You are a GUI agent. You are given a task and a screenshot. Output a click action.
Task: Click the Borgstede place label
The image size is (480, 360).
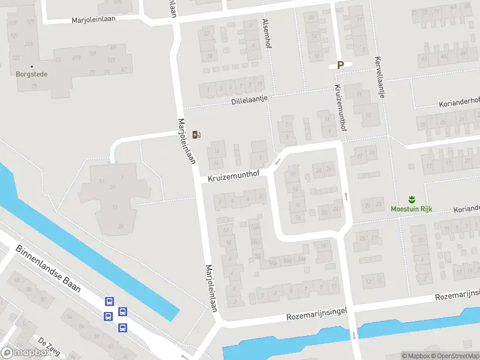tap(32, 74)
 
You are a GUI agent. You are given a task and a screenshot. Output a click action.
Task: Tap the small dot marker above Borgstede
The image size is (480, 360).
tap(32, 67)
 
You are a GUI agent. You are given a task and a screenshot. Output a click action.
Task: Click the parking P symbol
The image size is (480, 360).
tap(340, 65)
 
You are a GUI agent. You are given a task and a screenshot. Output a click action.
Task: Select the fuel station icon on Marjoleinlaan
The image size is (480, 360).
tap(196, 134)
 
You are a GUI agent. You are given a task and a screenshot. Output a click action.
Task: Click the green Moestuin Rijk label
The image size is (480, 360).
tap(412, 209)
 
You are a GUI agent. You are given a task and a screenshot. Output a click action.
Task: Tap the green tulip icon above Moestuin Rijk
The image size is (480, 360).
tap(412, 199)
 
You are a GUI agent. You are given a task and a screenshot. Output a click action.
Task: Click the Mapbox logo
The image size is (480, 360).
tap(25, 353)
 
